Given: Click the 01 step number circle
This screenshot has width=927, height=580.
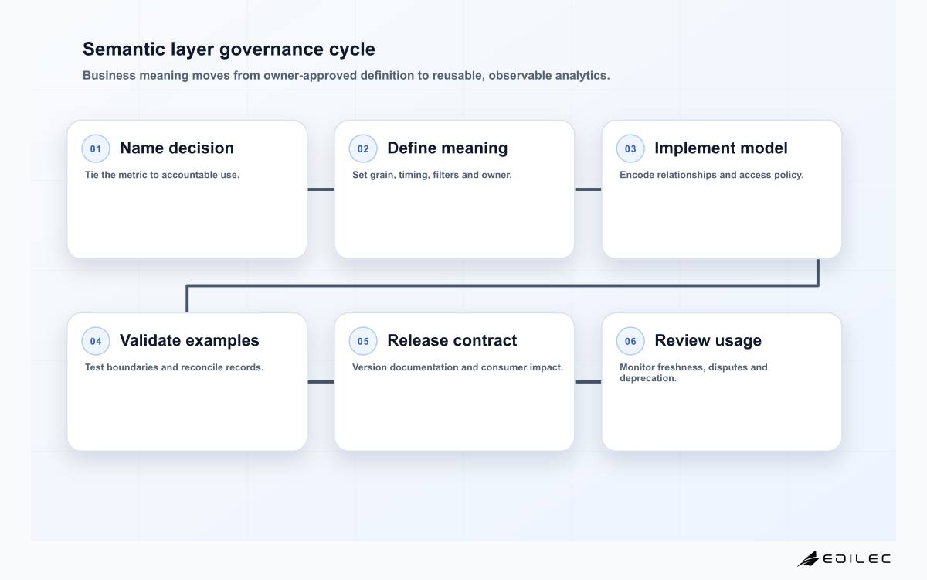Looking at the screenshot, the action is [x=96, y=148].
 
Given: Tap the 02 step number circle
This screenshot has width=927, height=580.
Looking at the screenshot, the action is [x=363, y=148].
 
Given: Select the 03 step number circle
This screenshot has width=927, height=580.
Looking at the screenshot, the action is [x=630, y=148].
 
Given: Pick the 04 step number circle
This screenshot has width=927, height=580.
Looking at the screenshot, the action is [x=96, y=341].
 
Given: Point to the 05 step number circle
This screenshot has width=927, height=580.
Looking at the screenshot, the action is [x=363, y=341].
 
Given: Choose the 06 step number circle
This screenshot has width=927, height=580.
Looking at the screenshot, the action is [x=630, y=341].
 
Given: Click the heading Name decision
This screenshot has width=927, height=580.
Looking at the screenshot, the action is [x=177, y=148].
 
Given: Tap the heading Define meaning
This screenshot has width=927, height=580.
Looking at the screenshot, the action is [x=447, y=148].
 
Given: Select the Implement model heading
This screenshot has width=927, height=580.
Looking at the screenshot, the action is [x=721, y=148].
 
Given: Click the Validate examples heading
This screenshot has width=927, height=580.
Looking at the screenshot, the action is [x=189, y=340].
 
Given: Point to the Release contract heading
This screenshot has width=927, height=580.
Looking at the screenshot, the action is [x=452, y=340].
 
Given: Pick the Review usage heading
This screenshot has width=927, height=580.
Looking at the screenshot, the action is [x=708, y=341].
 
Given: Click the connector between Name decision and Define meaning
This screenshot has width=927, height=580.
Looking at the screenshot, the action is [x=321, y=189].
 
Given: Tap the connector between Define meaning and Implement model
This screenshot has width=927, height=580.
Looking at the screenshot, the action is [x=588, y=189].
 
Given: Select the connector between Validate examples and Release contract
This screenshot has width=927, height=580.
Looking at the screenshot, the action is [x=321, y=382].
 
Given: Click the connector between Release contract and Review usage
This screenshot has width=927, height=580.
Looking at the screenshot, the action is [x=588, y=382].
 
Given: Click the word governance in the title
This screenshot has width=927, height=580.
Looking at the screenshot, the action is [x=271, y=49].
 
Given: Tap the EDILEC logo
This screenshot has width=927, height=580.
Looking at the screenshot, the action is [x=844, y=558].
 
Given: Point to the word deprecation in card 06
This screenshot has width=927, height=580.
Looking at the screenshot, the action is [x=647, y=378].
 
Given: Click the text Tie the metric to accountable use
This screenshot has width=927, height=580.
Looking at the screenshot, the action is [x=161, y=175].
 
